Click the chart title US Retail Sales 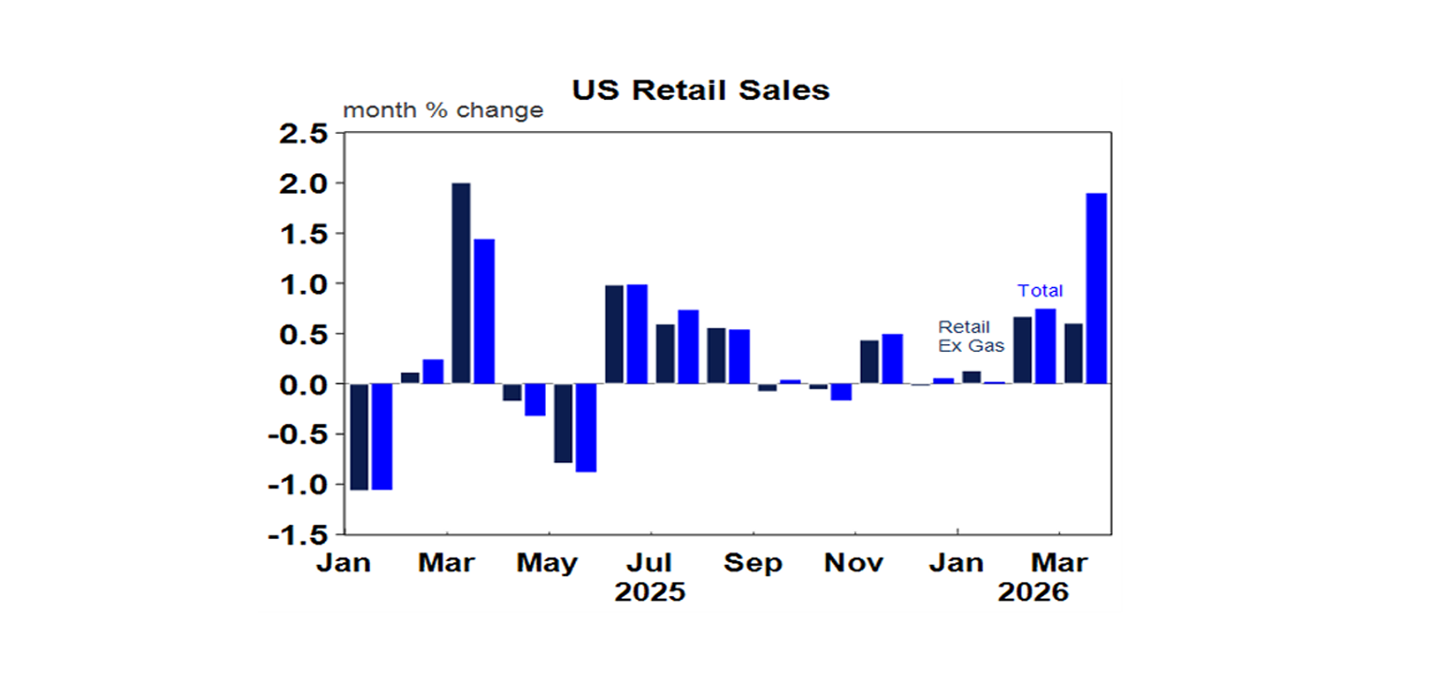coord(700,90)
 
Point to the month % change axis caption coord(442,110)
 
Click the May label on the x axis coord(548,563)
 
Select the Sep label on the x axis coord(754,563)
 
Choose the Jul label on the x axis coord(650,563)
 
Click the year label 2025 coord(650,592)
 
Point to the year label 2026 coord(1033,592)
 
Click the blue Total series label coord(1040,291)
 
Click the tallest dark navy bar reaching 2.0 coord(461,283)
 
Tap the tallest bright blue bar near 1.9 coord(1096,288)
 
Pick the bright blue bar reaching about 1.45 coord(483,311)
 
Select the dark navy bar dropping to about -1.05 coord(358,436)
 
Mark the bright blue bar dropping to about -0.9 coord(585,428)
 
